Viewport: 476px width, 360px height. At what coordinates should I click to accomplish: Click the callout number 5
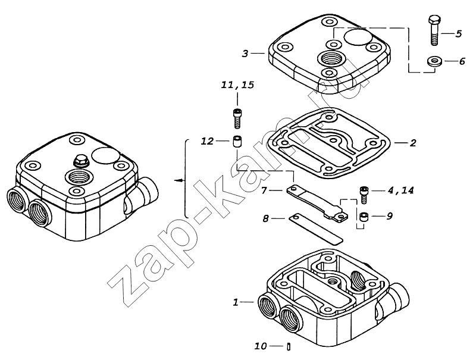(458, 34)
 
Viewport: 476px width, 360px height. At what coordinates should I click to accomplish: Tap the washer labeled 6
(434, 61)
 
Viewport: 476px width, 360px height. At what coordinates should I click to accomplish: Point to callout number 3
(245, 54)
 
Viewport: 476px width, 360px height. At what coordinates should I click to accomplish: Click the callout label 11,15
(237, 84)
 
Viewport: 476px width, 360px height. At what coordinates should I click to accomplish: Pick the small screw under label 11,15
(237, 118)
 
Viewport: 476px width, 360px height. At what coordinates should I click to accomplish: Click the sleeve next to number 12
(237, 142)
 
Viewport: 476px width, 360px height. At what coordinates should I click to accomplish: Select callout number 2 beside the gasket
(412, 143)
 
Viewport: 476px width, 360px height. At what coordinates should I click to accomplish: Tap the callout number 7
(264, 190)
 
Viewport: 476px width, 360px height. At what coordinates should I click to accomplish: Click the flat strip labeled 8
(316, 228)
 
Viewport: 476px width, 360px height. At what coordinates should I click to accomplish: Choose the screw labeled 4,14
(364, 195)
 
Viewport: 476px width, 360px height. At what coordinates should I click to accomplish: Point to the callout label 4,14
(400, 190)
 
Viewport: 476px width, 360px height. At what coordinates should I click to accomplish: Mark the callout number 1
(236, 302)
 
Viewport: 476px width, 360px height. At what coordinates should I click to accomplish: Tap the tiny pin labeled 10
(289, 346)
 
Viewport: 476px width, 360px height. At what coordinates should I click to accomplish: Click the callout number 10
(261, 346)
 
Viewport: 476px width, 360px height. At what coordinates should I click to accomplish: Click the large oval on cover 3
(358, 37)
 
